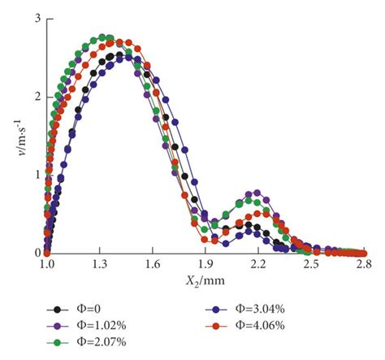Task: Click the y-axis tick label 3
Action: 35,18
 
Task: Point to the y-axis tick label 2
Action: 35,97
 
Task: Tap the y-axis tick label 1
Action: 35,175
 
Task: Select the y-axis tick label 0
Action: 35,253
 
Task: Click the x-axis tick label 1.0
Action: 47,265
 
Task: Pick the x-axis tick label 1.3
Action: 100,265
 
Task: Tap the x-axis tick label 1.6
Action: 153,265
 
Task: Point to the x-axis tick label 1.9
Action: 205,265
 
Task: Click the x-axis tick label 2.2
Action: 258,265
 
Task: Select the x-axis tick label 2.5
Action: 311,265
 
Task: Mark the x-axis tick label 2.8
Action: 363,265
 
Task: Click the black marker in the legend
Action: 56,309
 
